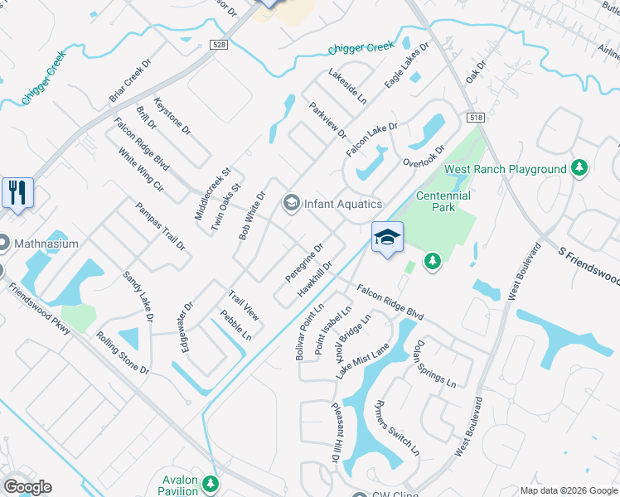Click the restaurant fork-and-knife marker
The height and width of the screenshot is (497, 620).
[x=17, y=193]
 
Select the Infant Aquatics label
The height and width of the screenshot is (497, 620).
[x=341, y=204]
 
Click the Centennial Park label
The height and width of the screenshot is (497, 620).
[x=443, y=201]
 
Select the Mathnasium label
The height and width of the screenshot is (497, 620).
[x=50, y=244]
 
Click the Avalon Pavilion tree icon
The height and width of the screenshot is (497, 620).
[x=212, y=482]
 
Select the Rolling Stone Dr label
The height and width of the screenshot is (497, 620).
[x=122, y=353]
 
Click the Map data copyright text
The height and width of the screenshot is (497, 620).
[x=568, y=490]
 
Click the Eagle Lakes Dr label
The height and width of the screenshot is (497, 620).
[x=406, y=66]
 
